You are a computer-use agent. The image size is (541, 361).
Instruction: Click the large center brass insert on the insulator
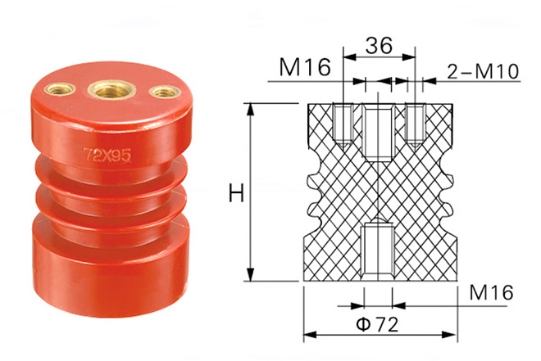point(111,89)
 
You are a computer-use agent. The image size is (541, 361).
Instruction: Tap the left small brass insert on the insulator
point(60,89)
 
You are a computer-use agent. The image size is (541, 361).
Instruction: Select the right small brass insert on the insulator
point(165,92)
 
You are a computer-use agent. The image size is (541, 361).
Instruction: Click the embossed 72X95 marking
point(107,156)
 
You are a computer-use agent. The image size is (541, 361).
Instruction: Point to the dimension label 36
point(379,45)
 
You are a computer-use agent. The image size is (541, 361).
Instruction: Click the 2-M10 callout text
point(483,72)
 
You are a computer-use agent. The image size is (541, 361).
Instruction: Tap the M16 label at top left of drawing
point(305,67)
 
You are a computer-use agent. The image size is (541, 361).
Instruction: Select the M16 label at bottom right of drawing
point(491,292)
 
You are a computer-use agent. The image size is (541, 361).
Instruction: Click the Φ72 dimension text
point(377,324)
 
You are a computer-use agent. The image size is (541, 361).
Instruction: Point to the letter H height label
point(236,193)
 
